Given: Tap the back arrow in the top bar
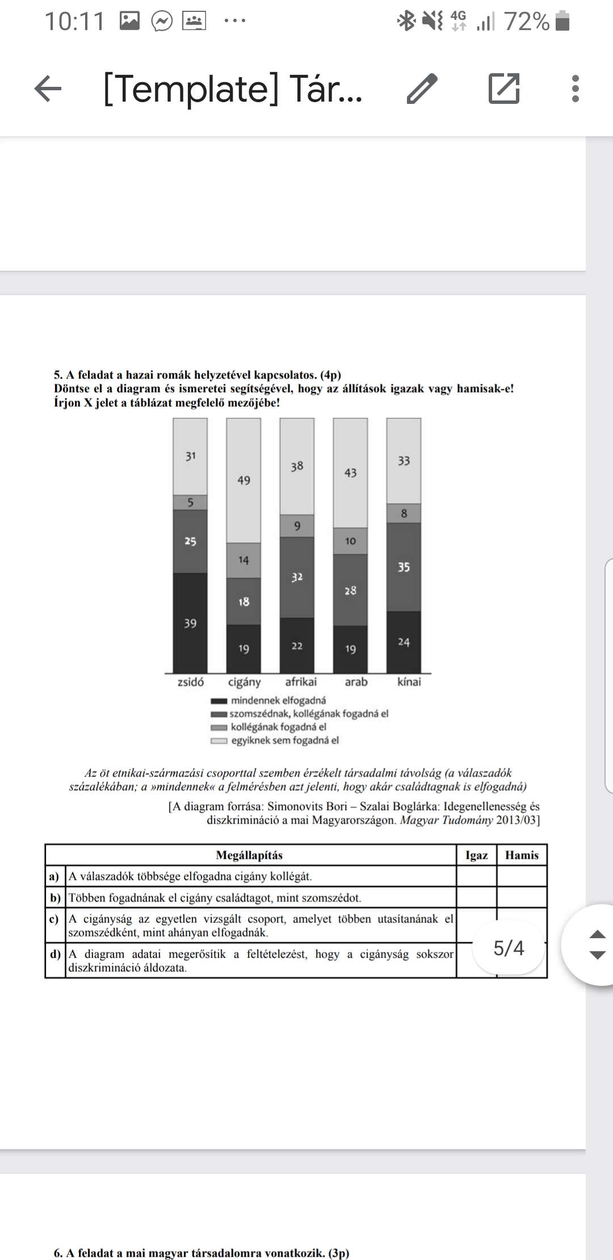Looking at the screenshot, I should tap(48, 89).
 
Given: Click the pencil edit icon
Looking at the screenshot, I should tap(422, 89).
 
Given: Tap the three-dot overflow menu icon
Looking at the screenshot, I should tap(576, 89).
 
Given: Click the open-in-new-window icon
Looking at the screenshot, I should tap(504, 89).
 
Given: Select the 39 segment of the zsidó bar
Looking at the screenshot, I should tap(190, 623).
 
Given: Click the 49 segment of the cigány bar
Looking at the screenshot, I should tap(243, 481).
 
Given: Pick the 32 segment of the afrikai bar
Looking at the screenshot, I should tap(297, 577).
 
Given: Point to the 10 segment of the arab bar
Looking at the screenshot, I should tap(350, 541).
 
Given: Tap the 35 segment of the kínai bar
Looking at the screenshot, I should tap(404, 567).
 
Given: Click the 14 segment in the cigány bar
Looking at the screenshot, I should tap(243, 560).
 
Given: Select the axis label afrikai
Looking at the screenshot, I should tap(301, 682).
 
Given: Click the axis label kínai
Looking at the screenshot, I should tap(409, 682).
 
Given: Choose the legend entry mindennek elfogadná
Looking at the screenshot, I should tap(278, 700).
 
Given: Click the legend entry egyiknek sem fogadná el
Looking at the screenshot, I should tap(284, 740).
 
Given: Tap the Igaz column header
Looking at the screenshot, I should tap(476, 855).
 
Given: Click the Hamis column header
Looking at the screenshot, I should tap(522, 855).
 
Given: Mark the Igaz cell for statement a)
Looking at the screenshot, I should tap(476, 876).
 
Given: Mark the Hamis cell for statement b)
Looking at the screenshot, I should tap(522, 897).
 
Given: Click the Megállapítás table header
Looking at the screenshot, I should tap(249, 855).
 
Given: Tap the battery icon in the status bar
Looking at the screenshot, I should tap(562, 22).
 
